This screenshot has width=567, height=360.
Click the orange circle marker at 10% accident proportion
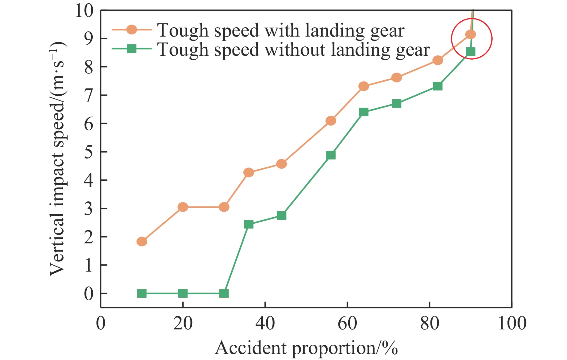coord(142,241)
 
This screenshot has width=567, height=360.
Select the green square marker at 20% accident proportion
coord(183,293)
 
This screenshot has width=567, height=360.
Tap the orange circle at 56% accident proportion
coord(331,121)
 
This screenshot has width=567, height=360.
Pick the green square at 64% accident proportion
coord(364,112)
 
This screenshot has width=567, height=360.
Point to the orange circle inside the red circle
coord(470,34)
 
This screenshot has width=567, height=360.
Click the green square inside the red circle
coord(470,52)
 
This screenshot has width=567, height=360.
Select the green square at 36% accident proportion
coord(249,224)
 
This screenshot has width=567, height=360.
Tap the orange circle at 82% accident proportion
coord(438,60)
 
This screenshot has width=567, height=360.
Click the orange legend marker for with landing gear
coord(131,30)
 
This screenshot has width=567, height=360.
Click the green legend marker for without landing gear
coord(131,49)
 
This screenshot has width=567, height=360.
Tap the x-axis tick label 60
coord(347,323)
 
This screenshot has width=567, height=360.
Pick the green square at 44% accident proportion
coord(281,216)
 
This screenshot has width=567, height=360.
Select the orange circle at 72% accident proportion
coord(397,78)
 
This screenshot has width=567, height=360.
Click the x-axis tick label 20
coord(183,323)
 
